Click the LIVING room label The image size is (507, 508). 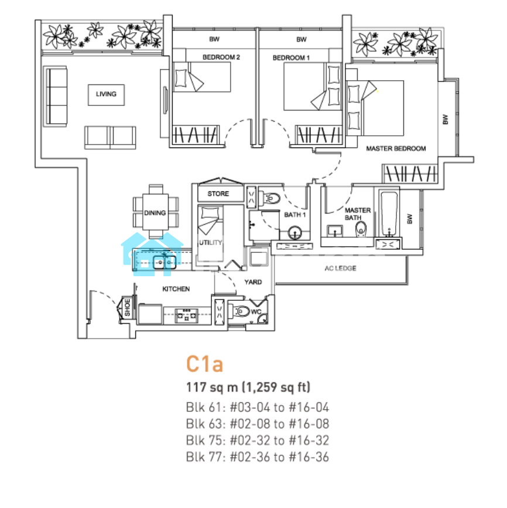pyautogui.click(x=106, y=94)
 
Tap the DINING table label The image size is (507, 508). pyautogui.click(x=155, y=213)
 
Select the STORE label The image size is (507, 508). pyautogui.click(x=218, y=194)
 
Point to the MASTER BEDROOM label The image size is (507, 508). pyautogui.click(x=396, y=149)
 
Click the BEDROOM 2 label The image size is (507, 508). pyautogui.click(x=221, y=57)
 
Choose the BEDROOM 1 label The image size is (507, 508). pyautogui.click(x=291, y=58)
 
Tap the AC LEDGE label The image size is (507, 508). pyautogui.click(x=340, y=268)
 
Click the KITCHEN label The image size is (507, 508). pyautogui.click(x=176, y=289)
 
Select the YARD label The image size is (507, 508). pyautogui.click(x=253, y=282)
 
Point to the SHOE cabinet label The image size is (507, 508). pyautogui.click(x=128, y=307)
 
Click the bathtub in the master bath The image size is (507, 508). pyautogui.click(x=389, y=214)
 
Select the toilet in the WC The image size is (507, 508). pyautogui.click(x=240, y=311)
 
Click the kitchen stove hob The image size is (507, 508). pyautogui.click(x=186, y=315)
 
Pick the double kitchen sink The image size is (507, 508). pyautogui.click(x=165, y=262)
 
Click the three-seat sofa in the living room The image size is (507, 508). pyautogui.click(x=56, y=96)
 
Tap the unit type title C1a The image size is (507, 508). pyautogui.click(x=205, y=364)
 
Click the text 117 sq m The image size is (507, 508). pyautogui.click(x=212, y=387)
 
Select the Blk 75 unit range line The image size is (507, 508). pyautogui.click(x=258, y=441)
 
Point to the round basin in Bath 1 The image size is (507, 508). pyautogui.click(x=294, y=232)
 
